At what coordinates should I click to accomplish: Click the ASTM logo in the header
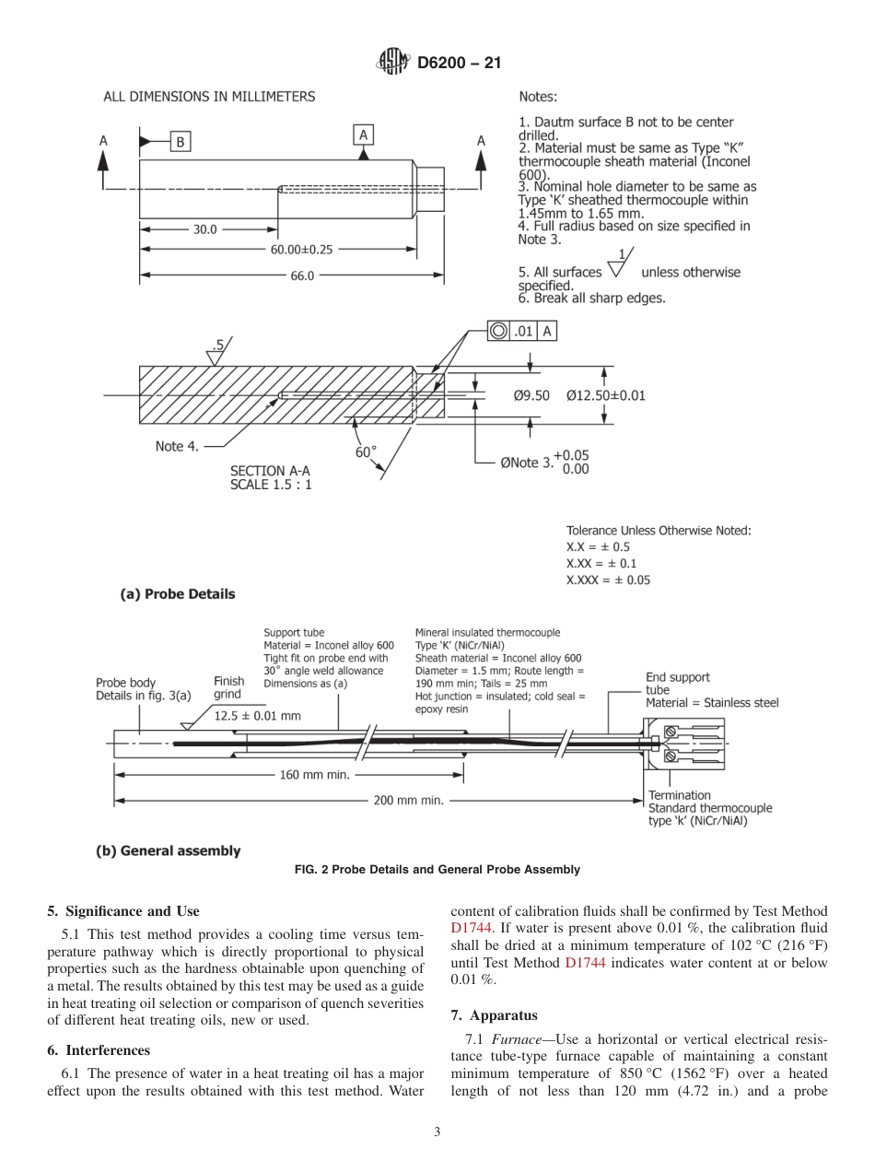pyautogui.click(x=393, y=64)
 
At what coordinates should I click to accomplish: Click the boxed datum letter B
pyautogui.click(x=180, y=141)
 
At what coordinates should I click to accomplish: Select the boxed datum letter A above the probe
pyautogui.click(x=364, y=135)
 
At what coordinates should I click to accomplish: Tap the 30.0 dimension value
pyautogui.click(x=204, y=230)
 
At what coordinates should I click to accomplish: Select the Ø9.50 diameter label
pyautogui.click(x=531, y=395)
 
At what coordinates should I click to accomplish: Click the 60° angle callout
pyautogui.click(x=366, y=451)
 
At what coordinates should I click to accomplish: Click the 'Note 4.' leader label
pyautogui.click(x=177, y=446)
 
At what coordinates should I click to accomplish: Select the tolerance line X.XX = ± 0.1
pyautogui.click(x=601, y=562)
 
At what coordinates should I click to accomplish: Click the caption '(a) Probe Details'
pyautogui.click(x=178, y=594)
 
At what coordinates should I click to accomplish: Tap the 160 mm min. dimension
pyautogui.click(x=315, y=775)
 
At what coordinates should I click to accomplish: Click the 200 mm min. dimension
pyautogui.click(x=408, y=800)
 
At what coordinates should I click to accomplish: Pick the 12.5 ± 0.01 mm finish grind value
pyautogui.click(x=258, y=715)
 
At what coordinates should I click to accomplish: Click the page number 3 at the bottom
pyautogui.click(x=437, y=1132)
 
